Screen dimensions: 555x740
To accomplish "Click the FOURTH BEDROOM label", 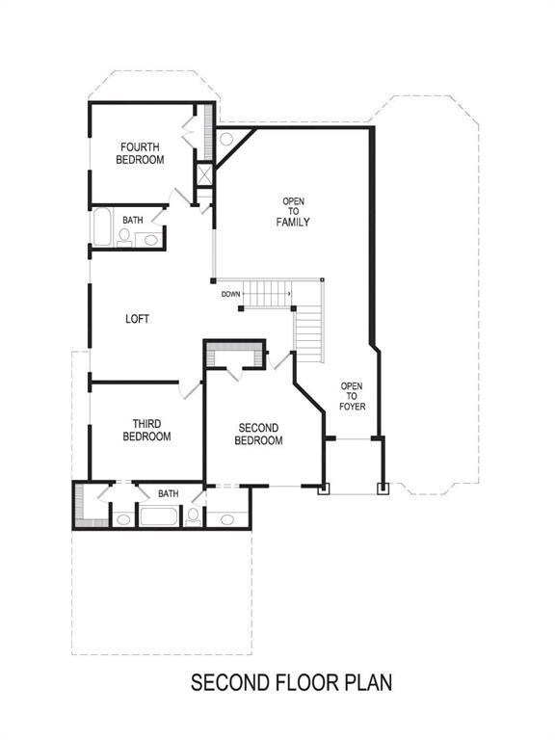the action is (140, 153).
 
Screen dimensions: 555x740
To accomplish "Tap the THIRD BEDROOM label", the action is (146, 430).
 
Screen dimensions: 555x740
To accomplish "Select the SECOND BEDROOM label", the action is (258, 435).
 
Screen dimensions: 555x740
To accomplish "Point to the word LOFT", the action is (138, 319).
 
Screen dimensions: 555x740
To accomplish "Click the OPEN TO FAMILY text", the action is (293, 212).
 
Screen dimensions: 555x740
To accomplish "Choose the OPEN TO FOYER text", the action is (352, 396).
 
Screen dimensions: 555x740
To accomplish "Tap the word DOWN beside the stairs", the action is (231, 294).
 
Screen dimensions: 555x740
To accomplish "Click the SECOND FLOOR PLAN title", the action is (291, 683).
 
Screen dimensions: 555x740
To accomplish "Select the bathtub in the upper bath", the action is (102, 227).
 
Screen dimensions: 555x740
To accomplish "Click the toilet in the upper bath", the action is (124, 237).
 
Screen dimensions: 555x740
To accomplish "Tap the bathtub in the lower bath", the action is (159, 516).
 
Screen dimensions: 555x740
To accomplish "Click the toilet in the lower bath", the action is (193, 516).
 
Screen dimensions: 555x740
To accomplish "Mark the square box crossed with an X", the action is (205, 174).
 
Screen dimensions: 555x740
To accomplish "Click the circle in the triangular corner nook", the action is (226, 139).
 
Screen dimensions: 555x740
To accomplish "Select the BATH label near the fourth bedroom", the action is (133, 220).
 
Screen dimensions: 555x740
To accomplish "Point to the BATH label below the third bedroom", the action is (168, 493).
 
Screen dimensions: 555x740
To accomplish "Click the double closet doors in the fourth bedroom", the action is (189, 130).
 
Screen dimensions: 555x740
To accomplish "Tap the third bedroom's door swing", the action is (190, 390).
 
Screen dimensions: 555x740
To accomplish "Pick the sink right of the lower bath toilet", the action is (227, 519).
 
